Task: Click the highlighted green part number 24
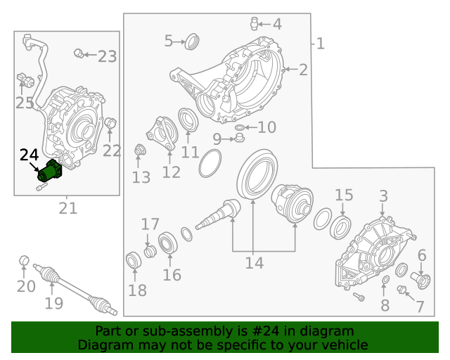[x=51, y=171]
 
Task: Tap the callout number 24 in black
[x=29, y=155]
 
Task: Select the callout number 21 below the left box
[x=67, y=208]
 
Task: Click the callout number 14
[x=254, y=263]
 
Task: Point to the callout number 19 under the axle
[x=54, y=303]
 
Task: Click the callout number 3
[x=383, y=195]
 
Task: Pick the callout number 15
[x=343, y=195]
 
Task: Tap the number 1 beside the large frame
[x=321, y=44]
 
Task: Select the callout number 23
[x=107, y=56]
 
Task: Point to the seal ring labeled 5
[x=191, y=41]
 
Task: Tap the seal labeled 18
[x=133, y=261]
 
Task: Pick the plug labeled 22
[x=110, y=125]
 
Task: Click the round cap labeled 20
[x=23, y=261]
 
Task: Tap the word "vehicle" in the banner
[x=344, y=345]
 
